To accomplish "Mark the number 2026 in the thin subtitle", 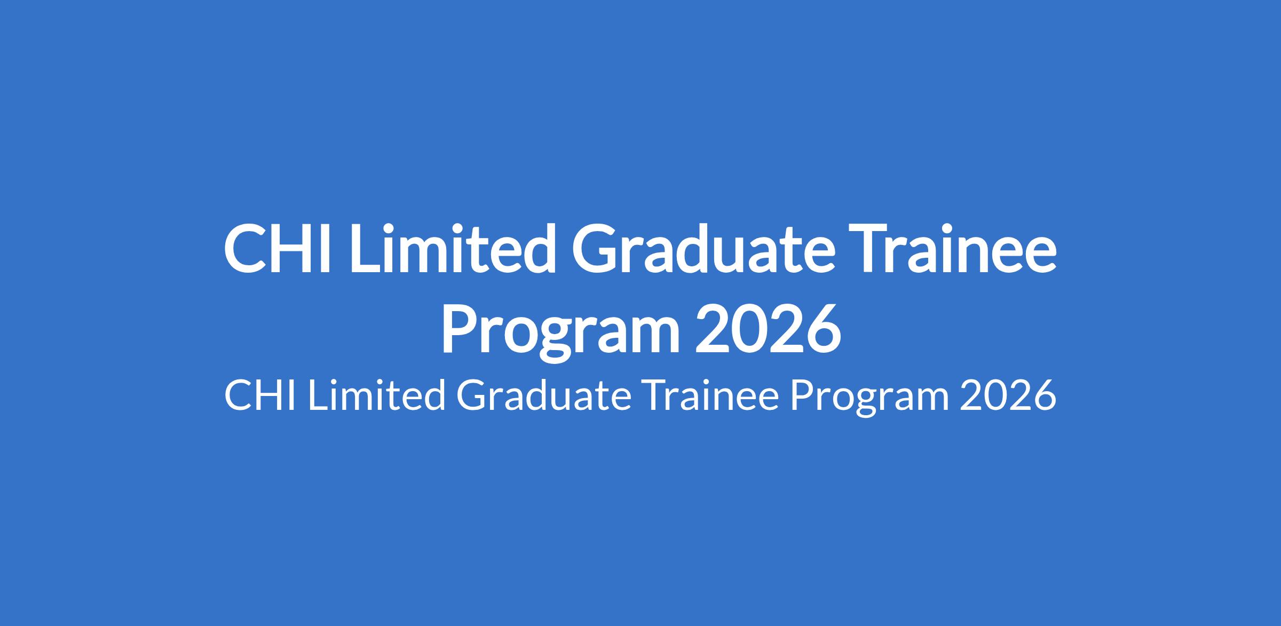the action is click(x=1008, y=395).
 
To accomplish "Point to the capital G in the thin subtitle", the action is click(x=473, y=395).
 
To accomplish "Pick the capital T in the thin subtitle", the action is click(x=657, y=395).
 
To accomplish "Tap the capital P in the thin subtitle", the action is click(x=804, y=395).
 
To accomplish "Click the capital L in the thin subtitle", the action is click(x=319, y=395).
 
